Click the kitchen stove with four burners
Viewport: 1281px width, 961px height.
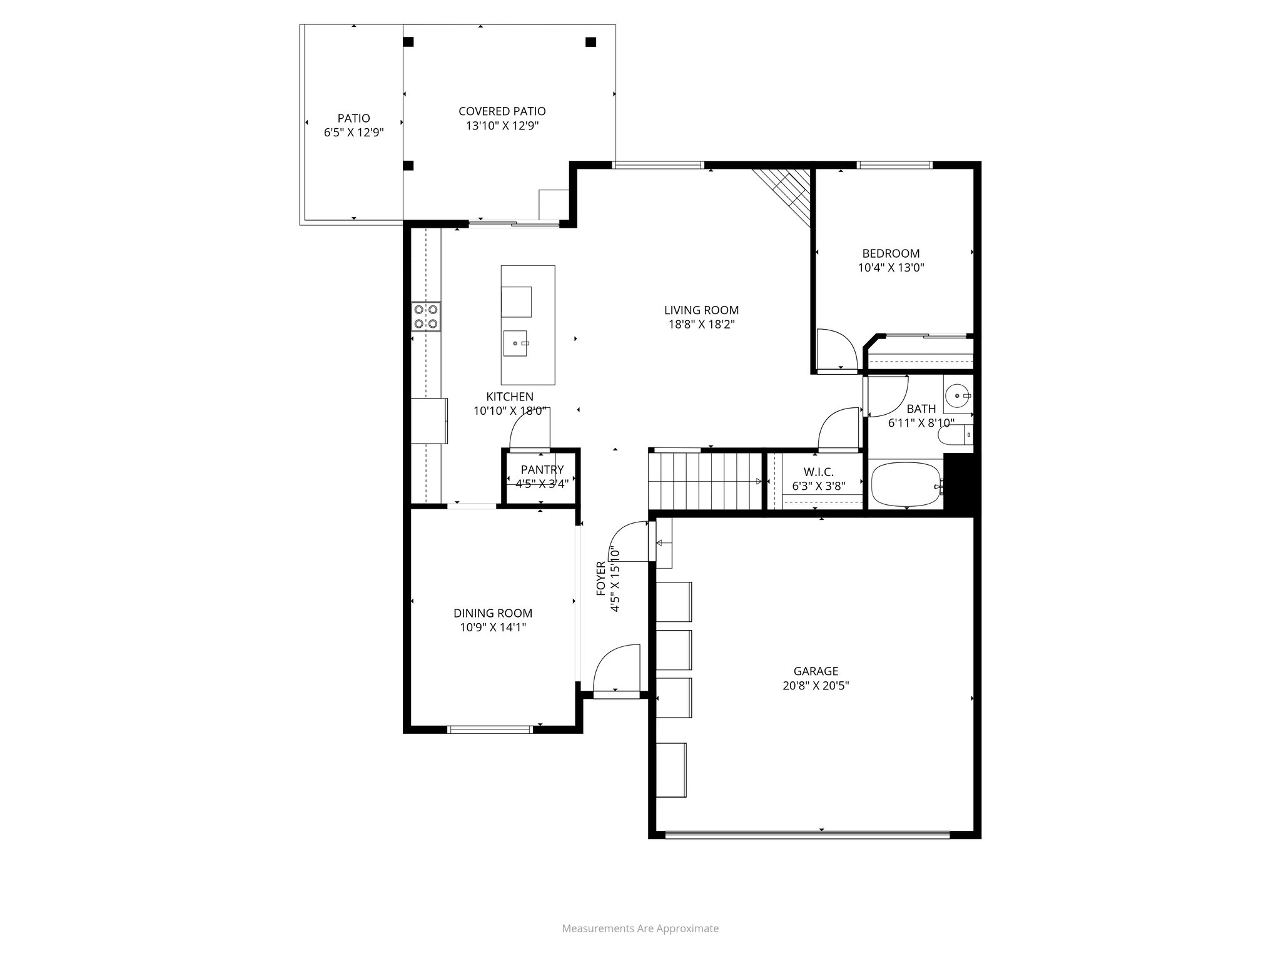pos(426,317)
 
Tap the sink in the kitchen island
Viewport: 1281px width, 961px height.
pos(516,343)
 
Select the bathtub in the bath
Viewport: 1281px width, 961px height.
pos(906,484)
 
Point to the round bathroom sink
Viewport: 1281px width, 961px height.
pos(957,395)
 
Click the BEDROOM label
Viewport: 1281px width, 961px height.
pos(891,253)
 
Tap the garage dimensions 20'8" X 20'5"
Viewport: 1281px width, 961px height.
pos(816,686)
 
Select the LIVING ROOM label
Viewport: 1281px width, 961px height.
pos(701,310)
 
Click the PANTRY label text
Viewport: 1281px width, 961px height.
pos(542,470)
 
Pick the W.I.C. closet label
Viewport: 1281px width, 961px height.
pos(818,472)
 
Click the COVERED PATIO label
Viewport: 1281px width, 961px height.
pos(502,111)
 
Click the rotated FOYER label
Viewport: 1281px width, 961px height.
pos(601,579)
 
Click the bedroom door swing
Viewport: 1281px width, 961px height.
pos(836,350)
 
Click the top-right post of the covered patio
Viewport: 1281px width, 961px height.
pos(590,43)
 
